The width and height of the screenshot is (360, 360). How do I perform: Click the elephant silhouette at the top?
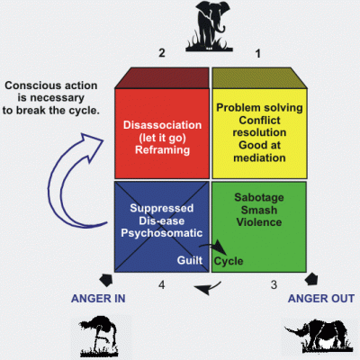click(210, 26)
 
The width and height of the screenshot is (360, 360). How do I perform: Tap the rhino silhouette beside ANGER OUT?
click(319, 336)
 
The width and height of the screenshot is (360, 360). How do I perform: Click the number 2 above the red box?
click(162, 53)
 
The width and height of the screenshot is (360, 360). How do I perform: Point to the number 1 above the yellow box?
click(257, 53)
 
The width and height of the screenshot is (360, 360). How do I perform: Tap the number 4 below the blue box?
click(162, 284)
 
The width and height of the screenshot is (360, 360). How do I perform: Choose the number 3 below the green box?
click(274, 284)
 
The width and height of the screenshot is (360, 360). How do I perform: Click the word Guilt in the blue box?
click(190, 260)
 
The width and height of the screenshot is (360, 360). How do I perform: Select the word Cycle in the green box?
click(229, 261)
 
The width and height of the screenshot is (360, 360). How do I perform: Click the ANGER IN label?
click(98, 299)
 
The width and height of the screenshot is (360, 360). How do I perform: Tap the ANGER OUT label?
click(321, 299)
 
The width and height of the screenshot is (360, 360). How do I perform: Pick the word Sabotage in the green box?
click(259, 198)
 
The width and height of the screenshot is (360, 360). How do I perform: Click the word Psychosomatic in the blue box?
click(162, 233)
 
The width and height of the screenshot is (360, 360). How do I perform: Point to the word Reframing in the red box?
click(162, 150)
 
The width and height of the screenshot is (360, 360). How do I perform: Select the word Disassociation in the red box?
click(162, 125)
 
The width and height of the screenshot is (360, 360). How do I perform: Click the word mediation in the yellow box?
click(259, 157)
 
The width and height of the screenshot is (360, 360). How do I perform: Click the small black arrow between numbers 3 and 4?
click(208, 289)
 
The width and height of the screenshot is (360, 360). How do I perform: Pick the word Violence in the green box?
click(259, 222)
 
